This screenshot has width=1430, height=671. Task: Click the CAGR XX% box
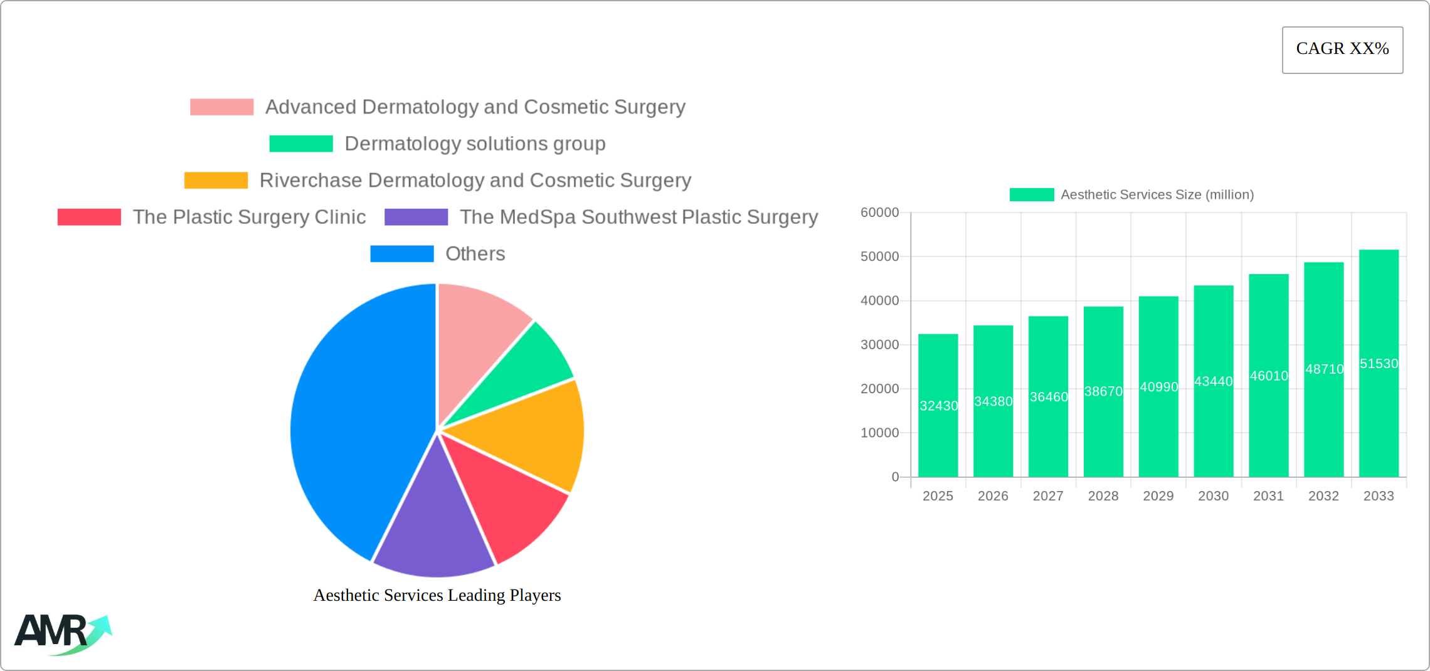[x=1342, y=50]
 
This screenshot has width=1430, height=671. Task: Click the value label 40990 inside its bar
[x=1158, y=387]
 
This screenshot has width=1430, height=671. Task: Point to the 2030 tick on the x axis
[x=1213, y=496]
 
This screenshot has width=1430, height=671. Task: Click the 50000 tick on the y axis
[x=879, y=256]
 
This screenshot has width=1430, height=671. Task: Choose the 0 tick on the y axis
[x=895, y=477]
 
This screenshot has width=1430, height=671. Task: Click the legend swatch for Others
[x=402, y=254]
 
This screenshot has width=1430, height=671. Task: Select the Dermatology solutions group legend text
[x=475, y=144]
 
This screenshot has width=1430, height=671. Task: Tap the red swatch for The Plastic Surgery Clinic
[x=89, y=217]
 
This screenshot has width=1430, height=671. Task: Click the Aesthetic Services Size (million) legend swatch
[x=1031, y=195]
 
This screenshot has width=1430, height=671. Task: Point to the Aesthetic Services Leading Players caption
[x=437, y=595]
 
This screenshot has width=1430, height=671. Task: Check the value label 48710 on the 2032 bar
[x=1324, y=369]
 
